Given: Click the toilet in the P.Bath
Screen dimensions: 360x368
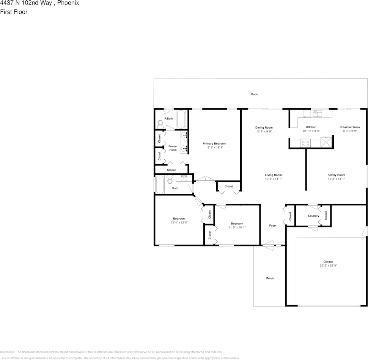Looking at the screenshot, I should click(160, 123).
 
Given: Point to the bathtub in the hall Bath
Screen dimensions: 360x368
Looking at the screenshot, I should click(159, 186).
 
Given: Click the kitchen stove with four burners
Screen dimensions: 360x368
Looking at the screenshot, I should click(305, 143).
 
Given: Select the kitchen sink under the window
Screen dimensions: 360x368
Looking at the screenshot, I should click(317, 113).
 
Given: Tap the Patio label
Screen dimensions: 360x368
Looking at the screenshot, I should click(255, 94).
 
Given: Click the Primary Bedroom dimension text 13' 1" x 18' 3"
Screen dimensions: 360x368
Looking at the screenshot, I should click(214, 148).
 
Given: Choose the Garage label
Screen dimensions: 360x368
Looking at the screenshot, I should click(328, 262).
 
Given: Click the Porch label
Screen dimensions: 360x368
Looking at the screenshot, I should click(270, 278).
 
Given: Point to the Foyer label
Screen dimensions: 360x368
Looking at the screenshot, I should click(273, 226).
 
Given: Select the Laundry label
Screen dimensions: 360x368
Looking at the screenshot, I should click(314, 216).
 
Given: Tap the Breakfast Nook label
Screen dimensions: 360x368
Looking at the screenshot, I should click(350, 127).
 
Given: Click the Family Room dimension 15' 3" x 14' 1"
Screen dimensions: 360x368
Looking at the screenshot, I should click(336, 179).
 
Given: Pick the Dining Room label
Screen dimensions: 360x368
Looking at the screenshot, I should click(264, 127).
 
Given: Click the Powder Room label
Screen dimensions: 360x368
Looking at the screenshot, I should click(173, 148).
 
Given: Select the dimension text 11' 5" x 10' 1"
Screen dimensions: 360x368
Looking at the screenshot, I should click(237, 228).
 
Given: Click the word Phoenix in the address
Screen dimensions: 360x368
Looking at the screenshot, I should click(68, 3).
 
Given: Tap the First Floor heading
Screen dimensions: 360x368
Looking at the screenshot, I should click(14, 12).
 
